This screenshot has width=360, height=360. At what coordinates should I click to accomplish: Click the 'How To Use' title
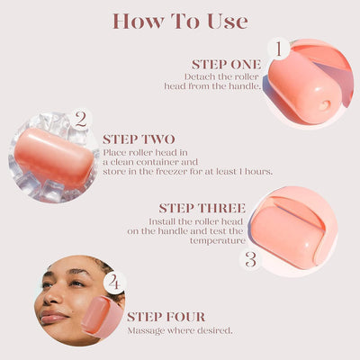click(180, 20)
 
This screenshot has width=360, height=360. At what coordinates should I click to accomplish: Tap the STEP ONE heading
click(226, 65)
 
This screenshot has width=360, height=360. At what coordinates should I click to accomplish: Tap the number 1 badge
click(279, 48)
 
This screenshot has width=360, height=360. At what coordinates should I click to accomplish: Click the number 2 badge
click(81, 119)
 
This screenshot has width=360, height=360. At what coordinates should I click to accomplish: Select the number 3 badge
click(252, 260)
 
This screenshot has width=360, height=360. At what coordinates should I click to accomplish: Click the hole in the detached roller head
click(323, 103)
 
